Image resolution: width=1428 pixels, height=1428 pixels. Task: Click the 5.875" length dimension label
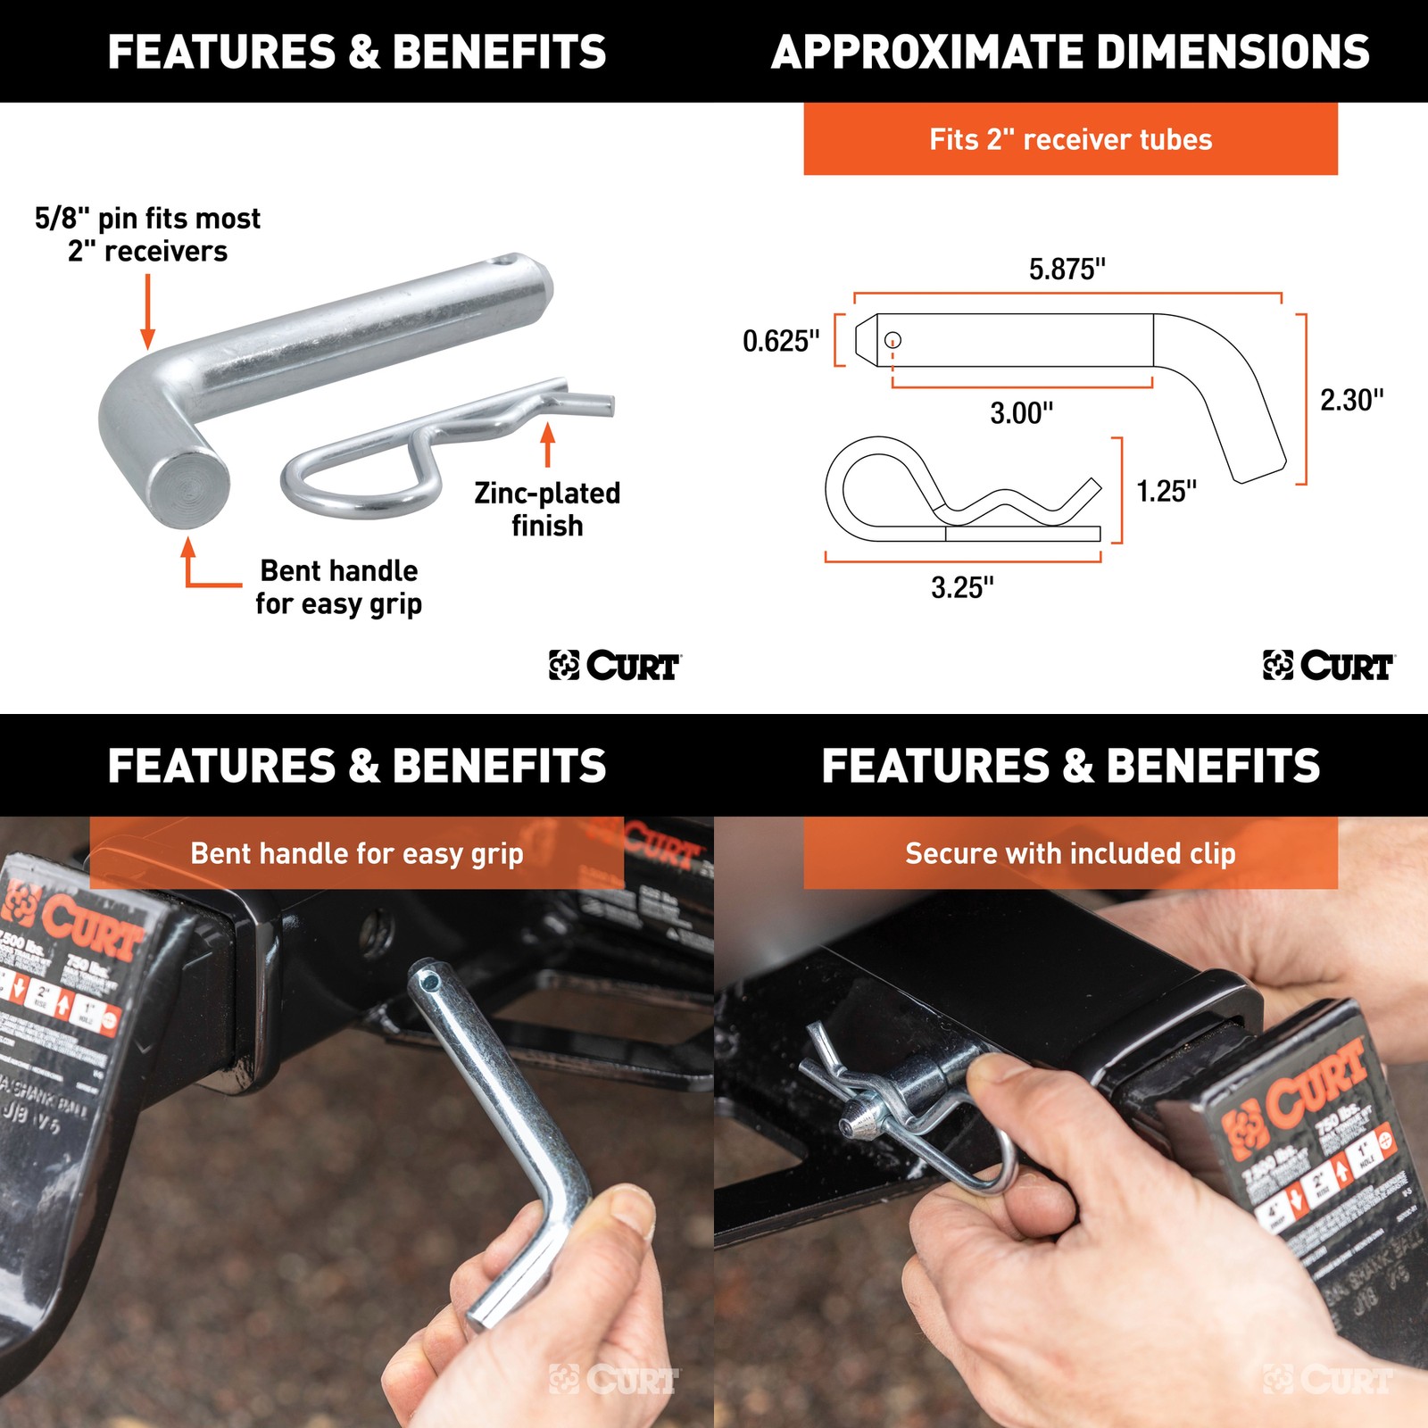(1067, 269)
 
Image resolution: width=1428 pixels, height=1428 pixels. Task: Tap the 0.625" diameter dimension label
(781, 341)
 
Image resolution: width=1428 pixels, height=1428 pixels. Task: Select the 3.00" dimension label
(1021, 413)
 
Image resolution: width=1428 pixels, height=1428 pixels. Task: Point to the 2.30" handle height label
(1351, 400)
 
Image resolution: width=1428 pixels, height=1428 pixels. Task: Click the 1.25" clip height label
(1166, 491)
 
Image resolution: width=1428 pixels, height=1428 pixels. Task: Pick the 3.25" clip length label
(962, 587)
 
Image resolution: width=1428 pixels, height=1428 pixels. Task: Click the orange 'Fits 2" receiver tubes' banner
(1070, 139)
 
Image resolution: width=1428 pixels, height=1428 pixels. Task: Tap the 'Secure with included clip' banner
(1070, 853)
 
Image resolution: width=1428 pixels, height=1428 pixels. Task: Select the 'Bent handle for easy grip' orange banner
(356, 853)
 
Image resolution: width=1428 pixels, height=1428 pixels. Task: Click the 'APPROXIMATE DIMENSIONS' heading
(1070, 52)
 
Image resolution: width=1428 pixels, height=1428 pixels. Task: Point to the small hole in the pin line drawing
(892, 340)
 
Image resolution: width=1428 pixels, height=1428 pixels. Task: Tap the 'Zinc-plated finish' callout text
(547, 509)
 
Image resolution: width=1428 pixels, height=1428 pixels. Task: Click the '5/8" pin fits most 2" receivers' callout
(148, 235)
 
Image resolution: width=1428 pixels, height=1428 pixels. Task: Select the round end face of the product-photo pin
(189, 489)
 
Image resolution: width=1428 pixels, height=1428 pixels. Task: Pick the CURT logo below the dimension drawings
(1328, 666)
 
